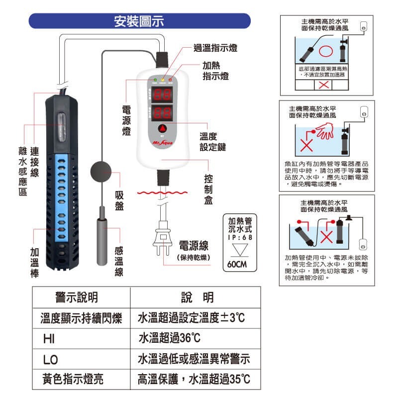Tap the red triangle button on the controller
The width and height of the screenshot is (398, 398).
tap(163, 128)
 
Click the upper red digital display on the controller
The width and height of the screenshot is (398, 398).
tap(162, 94)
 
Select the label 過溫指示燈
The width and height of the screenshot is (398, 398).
tap(215, 48)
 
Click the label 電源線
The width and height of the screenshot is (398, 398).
tap(194, 246)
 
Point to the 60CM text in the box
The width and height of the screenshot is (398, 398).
tap(236, 264)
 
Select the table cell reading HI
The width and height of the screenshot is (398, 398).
tap(49, 338)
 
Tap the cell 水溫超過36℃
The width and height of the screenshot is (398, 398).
tap(169, 338)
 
